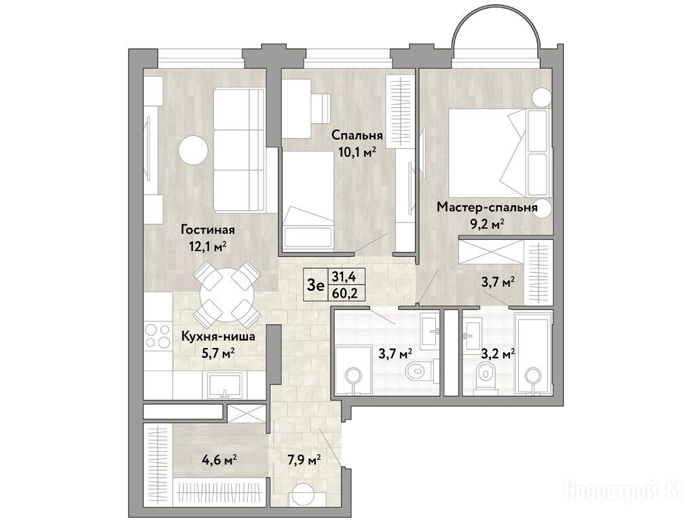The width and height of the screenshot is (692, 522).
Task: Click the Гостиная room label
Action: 207,230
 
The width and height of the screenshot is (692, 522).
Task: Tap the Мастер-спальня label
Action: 487,207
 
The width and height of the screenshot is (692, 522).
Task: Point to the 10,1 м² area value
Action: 357,153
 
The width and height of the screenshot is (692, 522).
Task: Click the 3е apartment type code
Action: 316,285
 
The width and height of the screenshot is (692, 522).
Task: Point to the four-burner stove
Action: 158,336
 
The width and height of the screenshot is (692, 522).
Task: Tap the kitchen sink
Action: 225,385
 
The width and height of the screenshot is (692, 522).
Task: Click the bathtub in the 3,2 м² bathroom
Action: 533,353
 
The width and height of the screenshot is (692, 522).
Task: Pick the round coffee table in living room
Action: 193,151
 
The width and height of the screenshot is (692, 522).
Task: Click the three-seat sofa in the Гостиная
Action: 239,150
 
